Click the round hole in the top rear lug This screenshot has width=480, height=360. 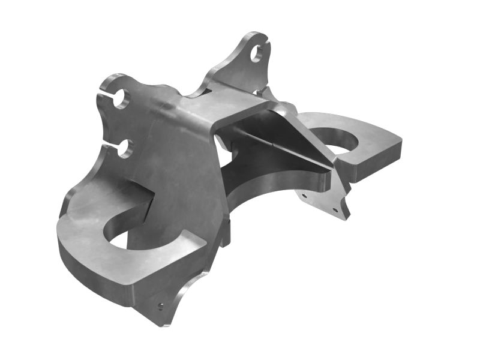[256, 53]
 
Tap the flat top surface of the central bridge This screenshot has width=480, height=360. [228, 108]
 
